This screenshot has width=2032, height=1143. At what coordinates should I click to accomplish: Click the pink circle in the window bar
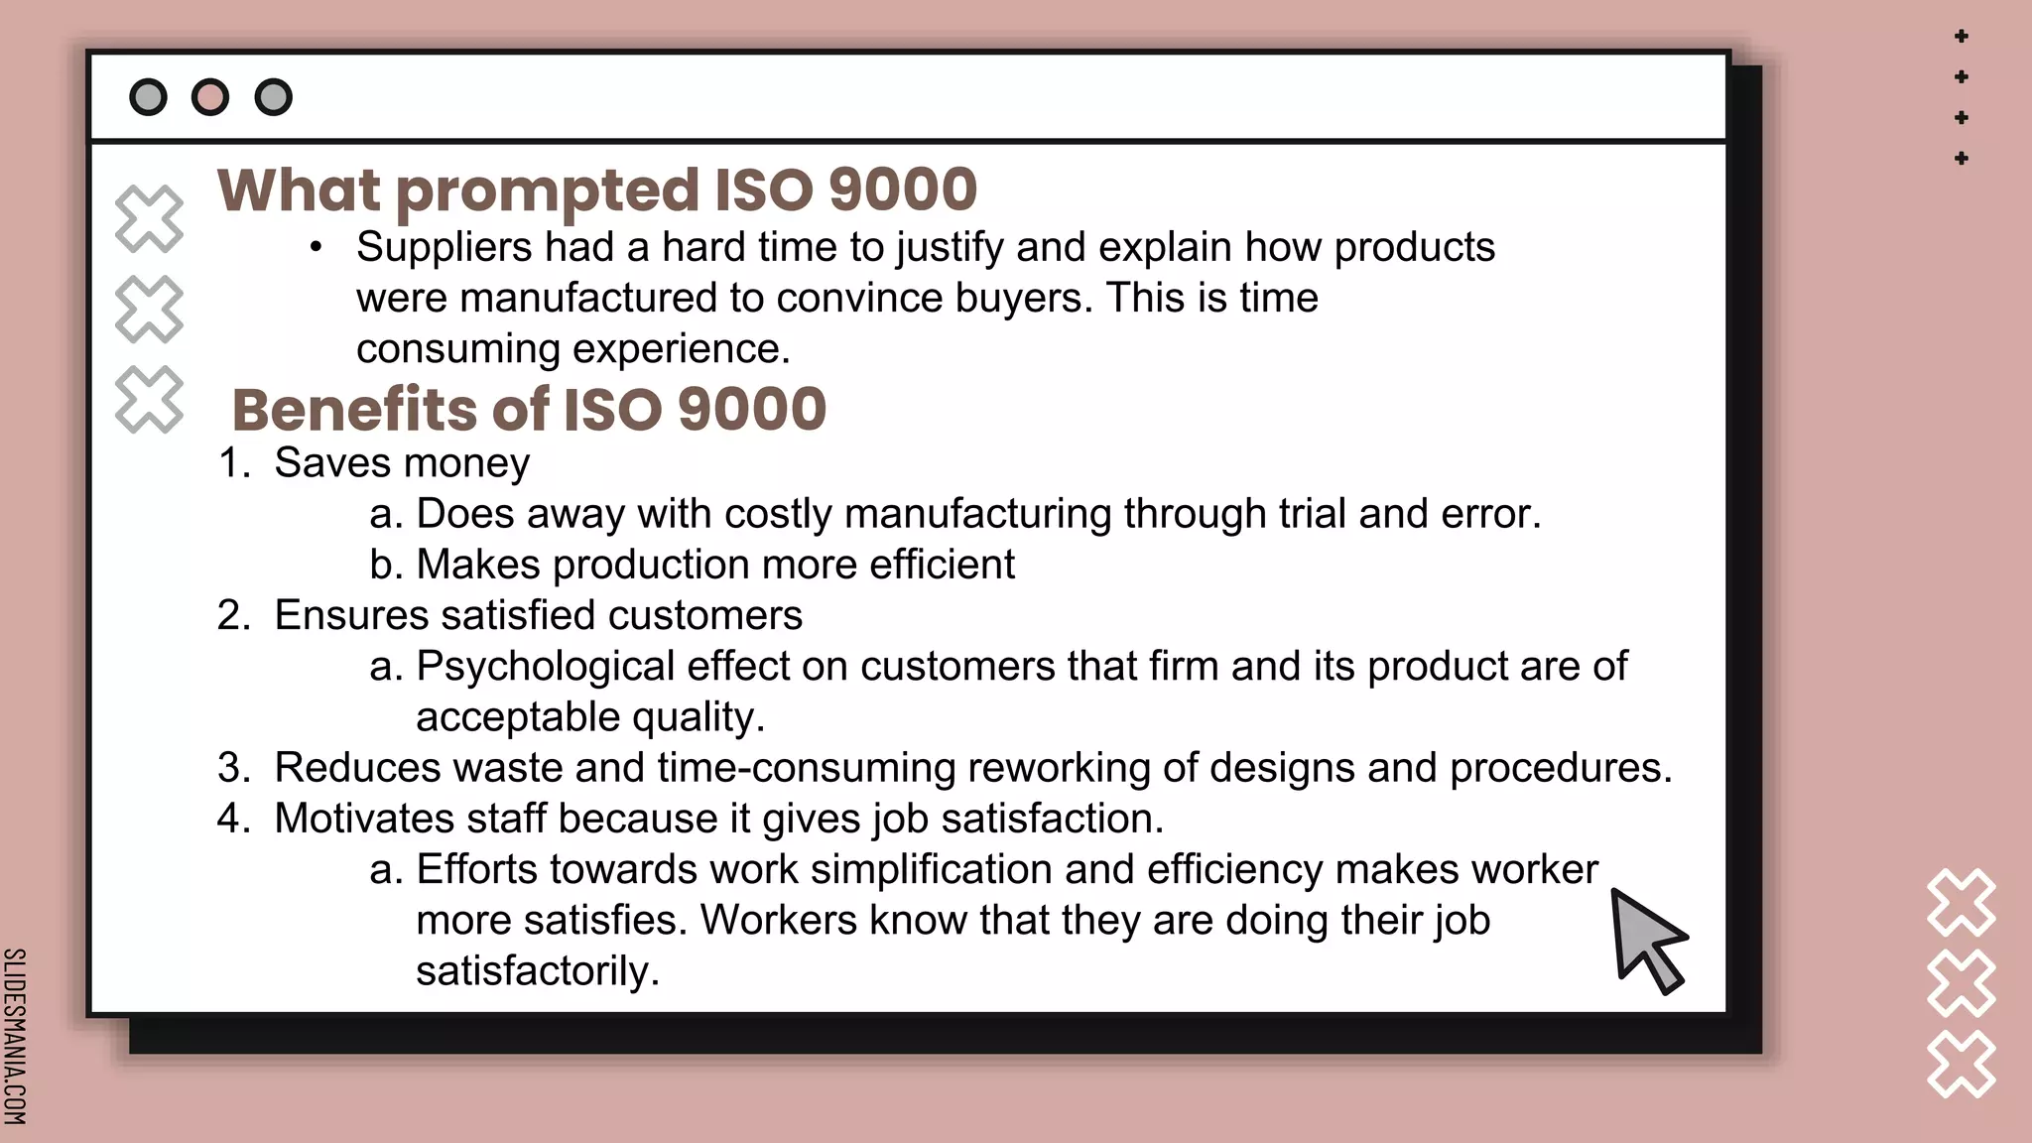(x=209, y=97)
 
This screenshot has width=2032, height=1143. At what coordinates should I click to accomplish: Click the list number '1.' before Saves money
(x=234, y=463)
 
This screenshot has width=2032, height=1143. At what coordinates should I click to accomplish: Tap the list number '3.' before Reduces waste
(x=234, y=768)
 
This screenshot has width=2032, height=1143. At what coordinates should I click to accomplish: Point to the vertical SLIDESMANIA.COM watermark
(x=15, y=1036)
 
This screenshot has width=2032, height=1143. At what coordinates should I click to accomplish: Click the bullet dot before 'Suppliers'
(x=316, y=247)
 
